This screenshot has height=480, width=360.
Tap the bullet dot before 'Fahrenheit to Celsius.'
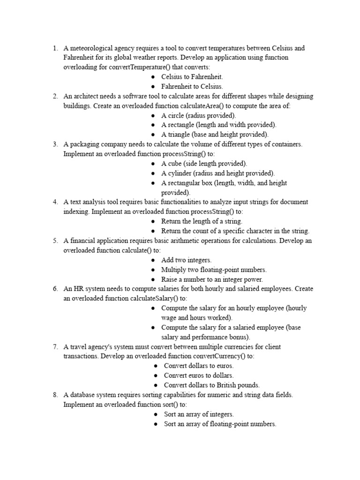point(154,87)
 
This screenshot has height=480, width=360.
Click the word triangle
point(178,135)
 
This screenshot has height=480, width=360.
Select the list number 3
point(55,144)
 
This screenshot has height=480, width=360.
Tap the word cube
point(174,164)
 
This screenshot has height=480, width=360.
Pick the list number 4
point(55,202)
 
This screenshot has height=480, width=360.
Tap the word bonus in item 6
point(240,337)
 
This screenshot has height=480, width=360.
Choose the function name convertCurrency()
point(220,356)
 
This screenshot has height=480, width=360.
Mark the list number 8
point(55,395)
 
